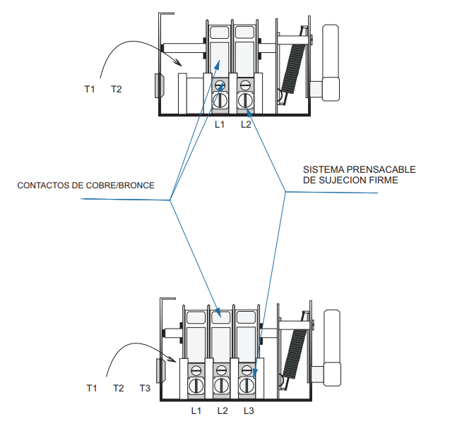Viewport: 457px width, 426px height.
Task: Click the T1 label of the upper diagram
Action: (89, 89)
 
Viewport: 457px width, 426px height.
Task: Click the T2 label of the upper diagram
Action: (117, 89)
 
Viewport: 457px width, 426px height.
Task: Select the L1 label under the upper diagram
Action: (220, 124)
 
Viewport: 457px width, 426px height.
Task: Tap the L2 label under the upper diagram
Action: (246, 124)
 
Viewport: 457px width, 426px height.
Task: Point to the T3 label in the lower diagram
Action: (144, 388)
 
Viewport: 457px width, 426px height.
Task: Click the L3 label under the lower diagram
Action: (249, 410)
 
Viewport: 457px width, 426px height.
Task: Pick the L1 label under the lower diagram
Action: (196, 410)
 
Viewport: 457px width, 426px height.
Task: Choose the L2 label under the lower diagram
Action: (222, 410)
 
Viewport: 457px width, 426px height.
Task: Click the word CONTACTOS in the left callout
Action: (42, 185)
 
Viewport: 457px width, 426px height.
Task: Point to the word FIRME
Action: (384, 181)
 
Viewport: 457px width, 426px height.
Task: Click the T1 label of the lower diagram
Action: (91, 388)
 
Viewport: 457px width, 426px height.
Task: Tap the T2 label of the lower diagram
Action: (118, 388)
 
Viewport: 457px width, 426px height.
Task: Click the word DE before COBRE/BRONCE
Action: (78, 185)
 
